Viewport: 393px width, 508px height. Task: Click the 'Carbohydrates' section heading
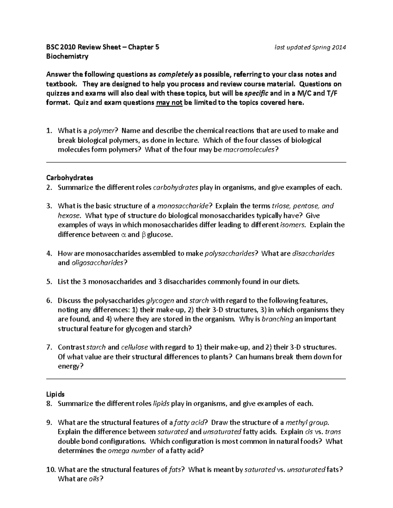69,178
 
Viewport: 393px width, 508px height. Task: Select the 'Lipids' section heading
55,394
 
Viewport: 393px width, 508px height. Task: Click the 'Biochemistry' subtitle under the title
67,56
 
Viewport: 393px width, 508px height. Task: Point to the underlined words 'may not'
169,103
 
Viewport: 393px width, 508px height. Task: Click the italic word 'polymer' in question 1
103,131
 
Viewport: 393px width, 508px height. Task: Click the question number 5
49,282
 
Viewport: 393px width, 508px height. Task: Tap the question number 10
51,470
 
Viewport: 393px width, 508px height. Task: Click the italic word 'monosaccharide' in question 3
182,206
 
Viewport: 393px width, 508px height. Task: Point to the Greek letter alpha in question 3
123,235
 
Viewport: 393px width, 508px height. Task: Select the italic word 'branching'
277,319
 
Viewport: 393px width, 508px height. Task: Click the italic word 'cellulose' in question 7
134,347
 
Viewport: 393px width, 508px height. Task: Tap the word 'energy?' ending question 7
70,366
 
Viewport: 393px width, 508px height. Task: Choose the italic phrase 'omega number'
131,451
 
